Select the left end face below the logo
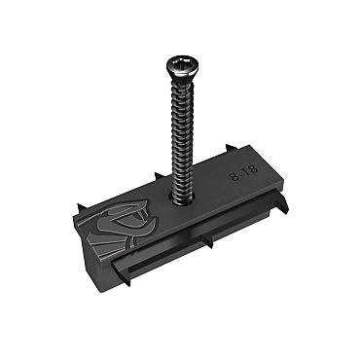click(x=97, y=255)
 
